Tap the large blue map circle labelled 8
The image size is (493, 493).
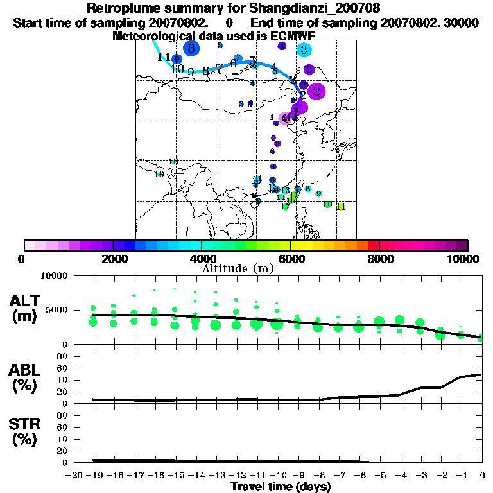[191, 48]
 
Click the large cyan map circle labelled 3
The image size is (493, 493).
[304, 49]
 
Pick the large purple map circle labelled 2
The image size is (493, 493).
[316, 92]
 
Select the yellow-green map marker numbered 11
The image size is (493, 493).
[341, 207]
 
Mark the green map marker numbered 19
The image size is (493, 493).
[159, 174]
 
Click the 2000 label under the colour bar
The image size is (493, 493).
[113, 259]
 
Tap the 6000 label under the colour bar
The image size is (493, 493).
[291, 259]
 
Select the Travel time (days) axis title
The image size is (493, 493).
[281, 487]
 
